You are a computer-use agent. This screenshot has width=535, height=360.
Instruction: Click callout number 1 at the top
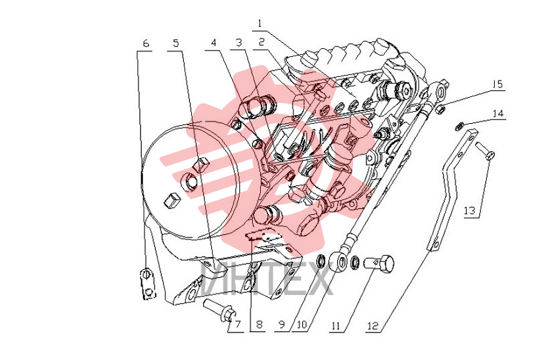[260, 23]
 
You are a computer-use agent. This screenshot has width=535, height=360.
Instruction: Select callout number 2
[261, 42]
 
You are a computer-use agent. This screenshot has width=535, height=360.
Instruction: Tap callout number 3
[239, 42]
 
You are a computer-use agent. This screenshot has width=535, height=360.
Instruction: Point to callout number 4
[213, 43]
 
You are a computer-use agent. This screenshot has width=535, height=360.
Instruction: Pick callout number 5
[176, 43]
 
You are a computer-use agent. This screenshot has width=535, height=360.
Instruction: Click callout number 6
[146, 43]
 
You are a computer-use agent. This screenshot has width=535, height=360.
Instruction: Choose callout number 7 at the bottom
[237, 325]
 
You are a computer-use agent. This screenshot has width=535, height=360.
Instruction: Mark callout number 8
[259, 325]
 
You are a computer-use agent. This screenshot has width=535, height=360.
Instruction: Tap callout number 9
[282, 325]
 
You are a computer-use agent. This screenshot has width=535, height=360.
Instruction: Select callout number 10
[302, 325]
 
